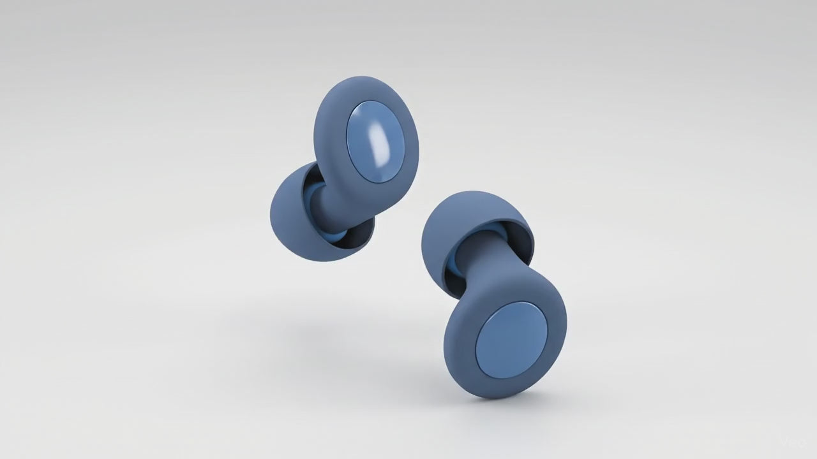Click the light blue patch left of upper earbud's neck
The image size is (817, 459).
(x=311, y=194)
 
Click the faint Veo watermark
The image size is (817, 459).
(x=795, y=441)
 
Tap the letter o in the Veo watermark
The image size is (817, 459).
(x=803, y=441)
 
